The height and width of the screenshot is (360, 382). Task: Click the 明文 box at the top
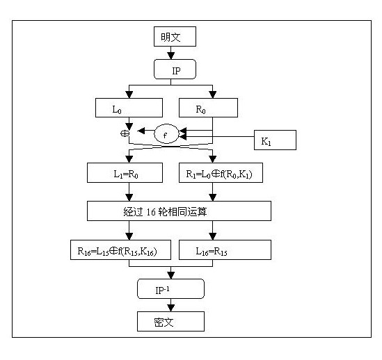point(175,36)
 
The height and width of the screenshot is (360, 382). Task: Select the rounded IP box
point(175,69)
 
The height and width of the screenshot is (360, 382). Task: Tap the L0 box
point(127,108)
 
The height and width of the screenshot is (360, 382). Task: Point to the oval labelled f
point(166,132)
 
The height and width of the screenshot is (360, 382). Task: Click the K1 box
point(274,140)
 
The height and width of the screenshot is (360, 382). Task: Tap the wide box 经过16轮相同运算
point(179,211)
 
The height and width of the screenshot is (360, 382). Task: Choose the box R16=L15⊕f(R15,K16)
point(113,250)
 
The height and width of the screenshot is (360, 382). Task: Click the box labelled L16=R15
point(225,250)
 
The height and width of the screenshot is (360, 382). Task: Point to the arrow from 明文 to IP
point(175,53)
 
